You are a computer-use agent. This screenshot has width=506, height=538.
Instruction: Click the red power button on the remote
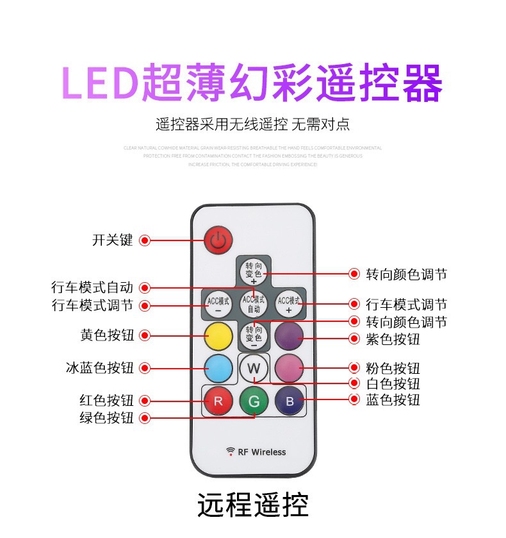coord(218,241)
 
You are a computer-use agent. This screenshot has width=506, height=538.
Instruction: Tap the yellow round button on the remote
coord(218,334)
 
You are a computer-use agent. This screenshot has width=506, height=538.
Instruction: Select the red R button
coord(218,402)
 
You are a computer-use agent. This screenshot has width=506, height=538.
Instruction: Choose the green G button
coord(253,402)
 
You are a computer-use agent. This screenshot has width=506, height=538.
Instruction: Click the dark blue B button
coord(289,402)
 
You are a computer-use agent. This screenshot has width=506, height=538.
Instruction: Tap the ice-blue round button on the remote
coord(218,368)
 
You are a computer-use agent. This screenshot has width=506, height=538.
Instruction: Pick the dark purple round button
coord(289,334)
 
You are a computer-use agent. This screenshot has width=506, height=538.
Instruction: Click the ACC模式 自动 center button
coord(253,303)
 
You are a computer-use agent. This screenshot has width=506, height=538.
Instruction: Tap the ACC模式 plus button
coord(288,303)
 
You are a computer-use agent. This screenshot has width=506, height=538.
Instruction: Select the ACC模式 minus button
coord(218,303)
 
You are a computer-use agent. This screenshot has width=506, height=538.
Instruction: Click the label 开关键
coord(112,240)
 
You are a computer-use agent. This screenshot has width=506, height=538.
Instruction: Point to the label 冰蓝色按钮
coord(100,368)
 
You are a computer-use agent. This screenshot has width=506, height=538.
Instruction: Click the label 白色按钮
coord(393,383)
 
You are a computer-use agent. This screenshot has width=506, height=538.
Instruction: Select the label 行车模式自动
coord(92,287)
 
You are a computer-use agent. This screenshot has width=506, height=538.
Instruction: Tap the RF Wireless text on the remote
coord(256,452)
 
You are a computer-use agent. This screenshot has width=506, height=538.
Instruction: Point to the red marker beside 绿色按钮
coord(145,417)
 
